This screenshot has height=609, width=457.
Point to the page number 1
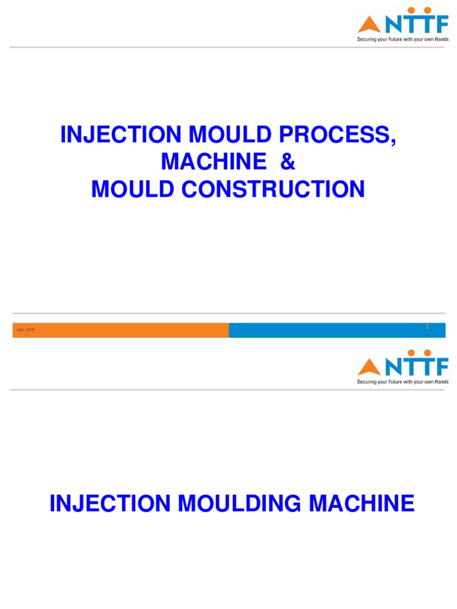pos(427,327)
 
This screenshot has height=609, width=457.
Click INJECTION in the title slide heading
pos(120,136)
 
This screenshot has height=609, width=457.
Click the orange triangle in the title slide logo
pos(369,25)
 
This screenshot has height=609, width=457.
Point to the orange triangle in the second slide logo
pos(369,366)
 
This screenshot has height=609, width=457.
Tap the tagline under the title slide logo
pos(403,40)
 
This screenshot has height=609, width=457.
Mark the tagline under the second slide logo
pos(403,382)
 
